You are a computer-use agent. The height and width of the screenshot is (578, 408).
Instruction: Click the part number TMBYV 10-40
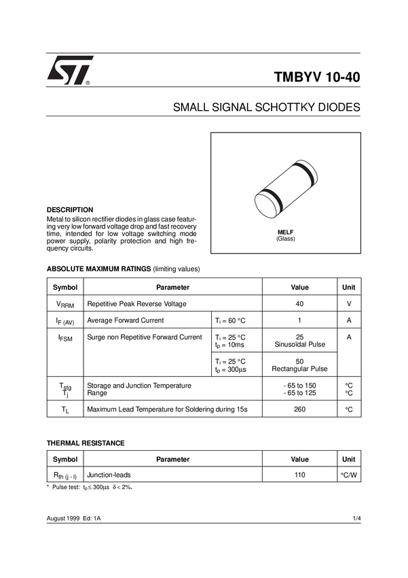coord(317,77)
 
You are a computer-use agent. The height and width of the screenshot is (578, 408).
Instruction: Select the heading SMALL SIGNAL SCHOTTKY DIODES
coord(267,108)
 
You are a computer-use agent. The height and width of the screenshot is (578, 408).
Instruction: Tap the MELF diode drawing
coord(284,192)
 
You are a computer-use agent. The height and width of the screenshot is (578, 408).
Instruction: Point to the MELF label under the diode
coord(285,232)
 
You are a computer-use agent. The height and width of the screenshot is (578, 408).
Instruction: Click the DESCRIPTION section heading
coord(70,210)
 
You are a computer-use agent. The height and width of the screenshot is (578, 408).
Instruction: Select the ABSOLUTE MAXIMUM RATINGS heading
coord(99,269)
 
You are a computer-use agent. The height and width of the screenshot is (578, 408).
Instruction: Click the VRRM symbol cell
coord(65,305)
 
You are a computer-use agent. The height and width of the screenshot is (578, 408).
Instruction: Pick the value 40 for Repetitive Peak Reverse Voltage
coord(299,304)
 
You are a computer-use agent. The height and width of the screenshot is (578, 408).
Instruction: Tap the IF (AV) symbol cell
coord(65,321)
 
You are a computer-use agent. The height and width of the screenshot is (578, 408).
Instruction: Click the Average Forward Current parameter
coord(126,320)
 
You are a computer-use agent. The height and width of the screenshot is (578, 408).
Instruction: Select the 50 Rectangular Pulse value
coord(299,365)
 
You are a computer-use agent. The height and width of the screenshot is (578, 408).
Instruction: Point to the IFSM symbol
coord(65,337)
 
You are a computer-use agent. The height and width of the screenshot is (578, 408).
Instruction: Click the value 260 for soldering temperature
coord(299,409)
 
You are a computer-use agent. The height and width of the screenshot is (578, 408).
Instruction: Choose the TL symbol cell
coord(65,409)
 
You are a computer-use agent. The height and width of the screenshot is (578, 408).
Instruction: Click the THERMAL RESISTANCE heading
coord(86,443)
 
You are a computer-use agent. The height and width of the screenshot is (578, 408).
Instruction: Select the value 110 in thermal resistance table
coord(299,475)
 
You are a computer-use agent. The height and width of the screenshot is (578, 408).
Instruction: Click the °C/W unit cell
coord(349,475)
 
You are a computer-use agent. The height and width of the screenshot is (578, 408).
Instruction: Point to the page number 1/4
coord(356,519)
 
